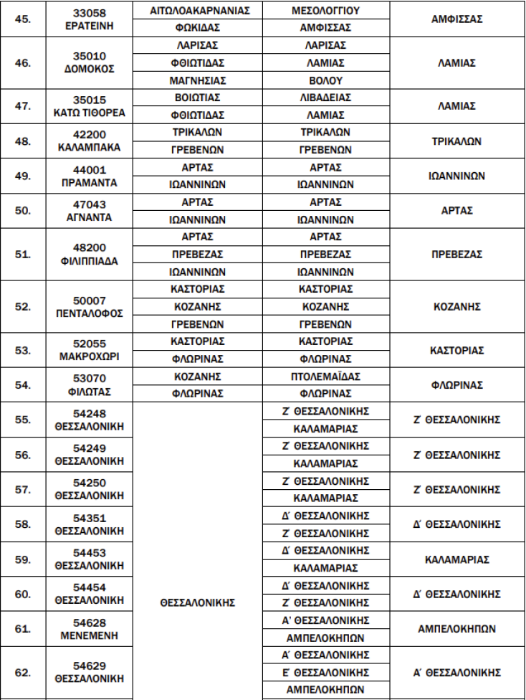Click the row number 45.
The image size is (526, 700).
[x=23, y=19]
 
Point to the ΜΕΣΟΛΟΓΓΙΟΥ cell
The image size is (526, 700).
[x=326, y=11]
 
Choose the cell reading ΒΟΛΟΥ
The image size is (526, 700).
[x=326, y=80]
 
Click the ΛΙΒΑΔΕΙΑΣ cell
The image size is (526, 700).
[x=326, y=98]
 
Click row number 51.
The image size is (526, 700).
[x=23, y=255]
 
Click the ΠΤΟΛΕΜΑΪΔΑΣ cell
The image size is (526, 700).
[x=326, y=377]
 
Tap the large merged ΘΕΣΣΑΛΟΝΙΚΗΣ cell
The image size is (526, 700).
[x=197, y=603]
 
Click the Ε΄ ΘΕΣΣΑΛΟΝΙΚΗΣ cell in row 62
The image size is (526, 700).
[x=326, y=673]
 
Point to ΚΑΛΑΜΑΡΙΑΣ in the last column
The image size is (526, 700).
[x=456, y=559]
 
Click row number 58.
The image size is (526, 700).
[x=23, y=524]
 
